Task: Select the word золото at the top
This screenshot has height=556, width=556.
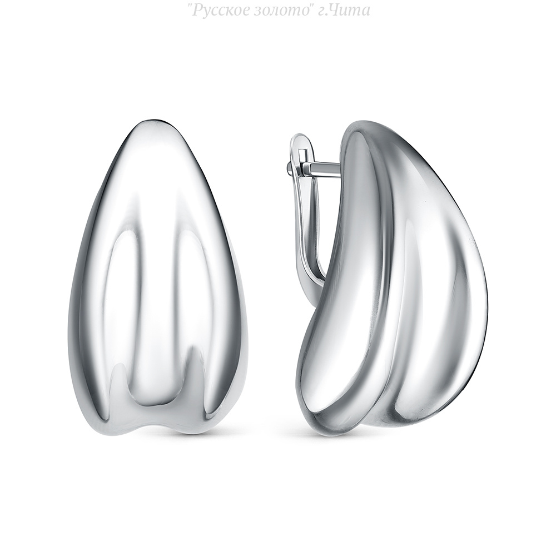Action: coord(280,11)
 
